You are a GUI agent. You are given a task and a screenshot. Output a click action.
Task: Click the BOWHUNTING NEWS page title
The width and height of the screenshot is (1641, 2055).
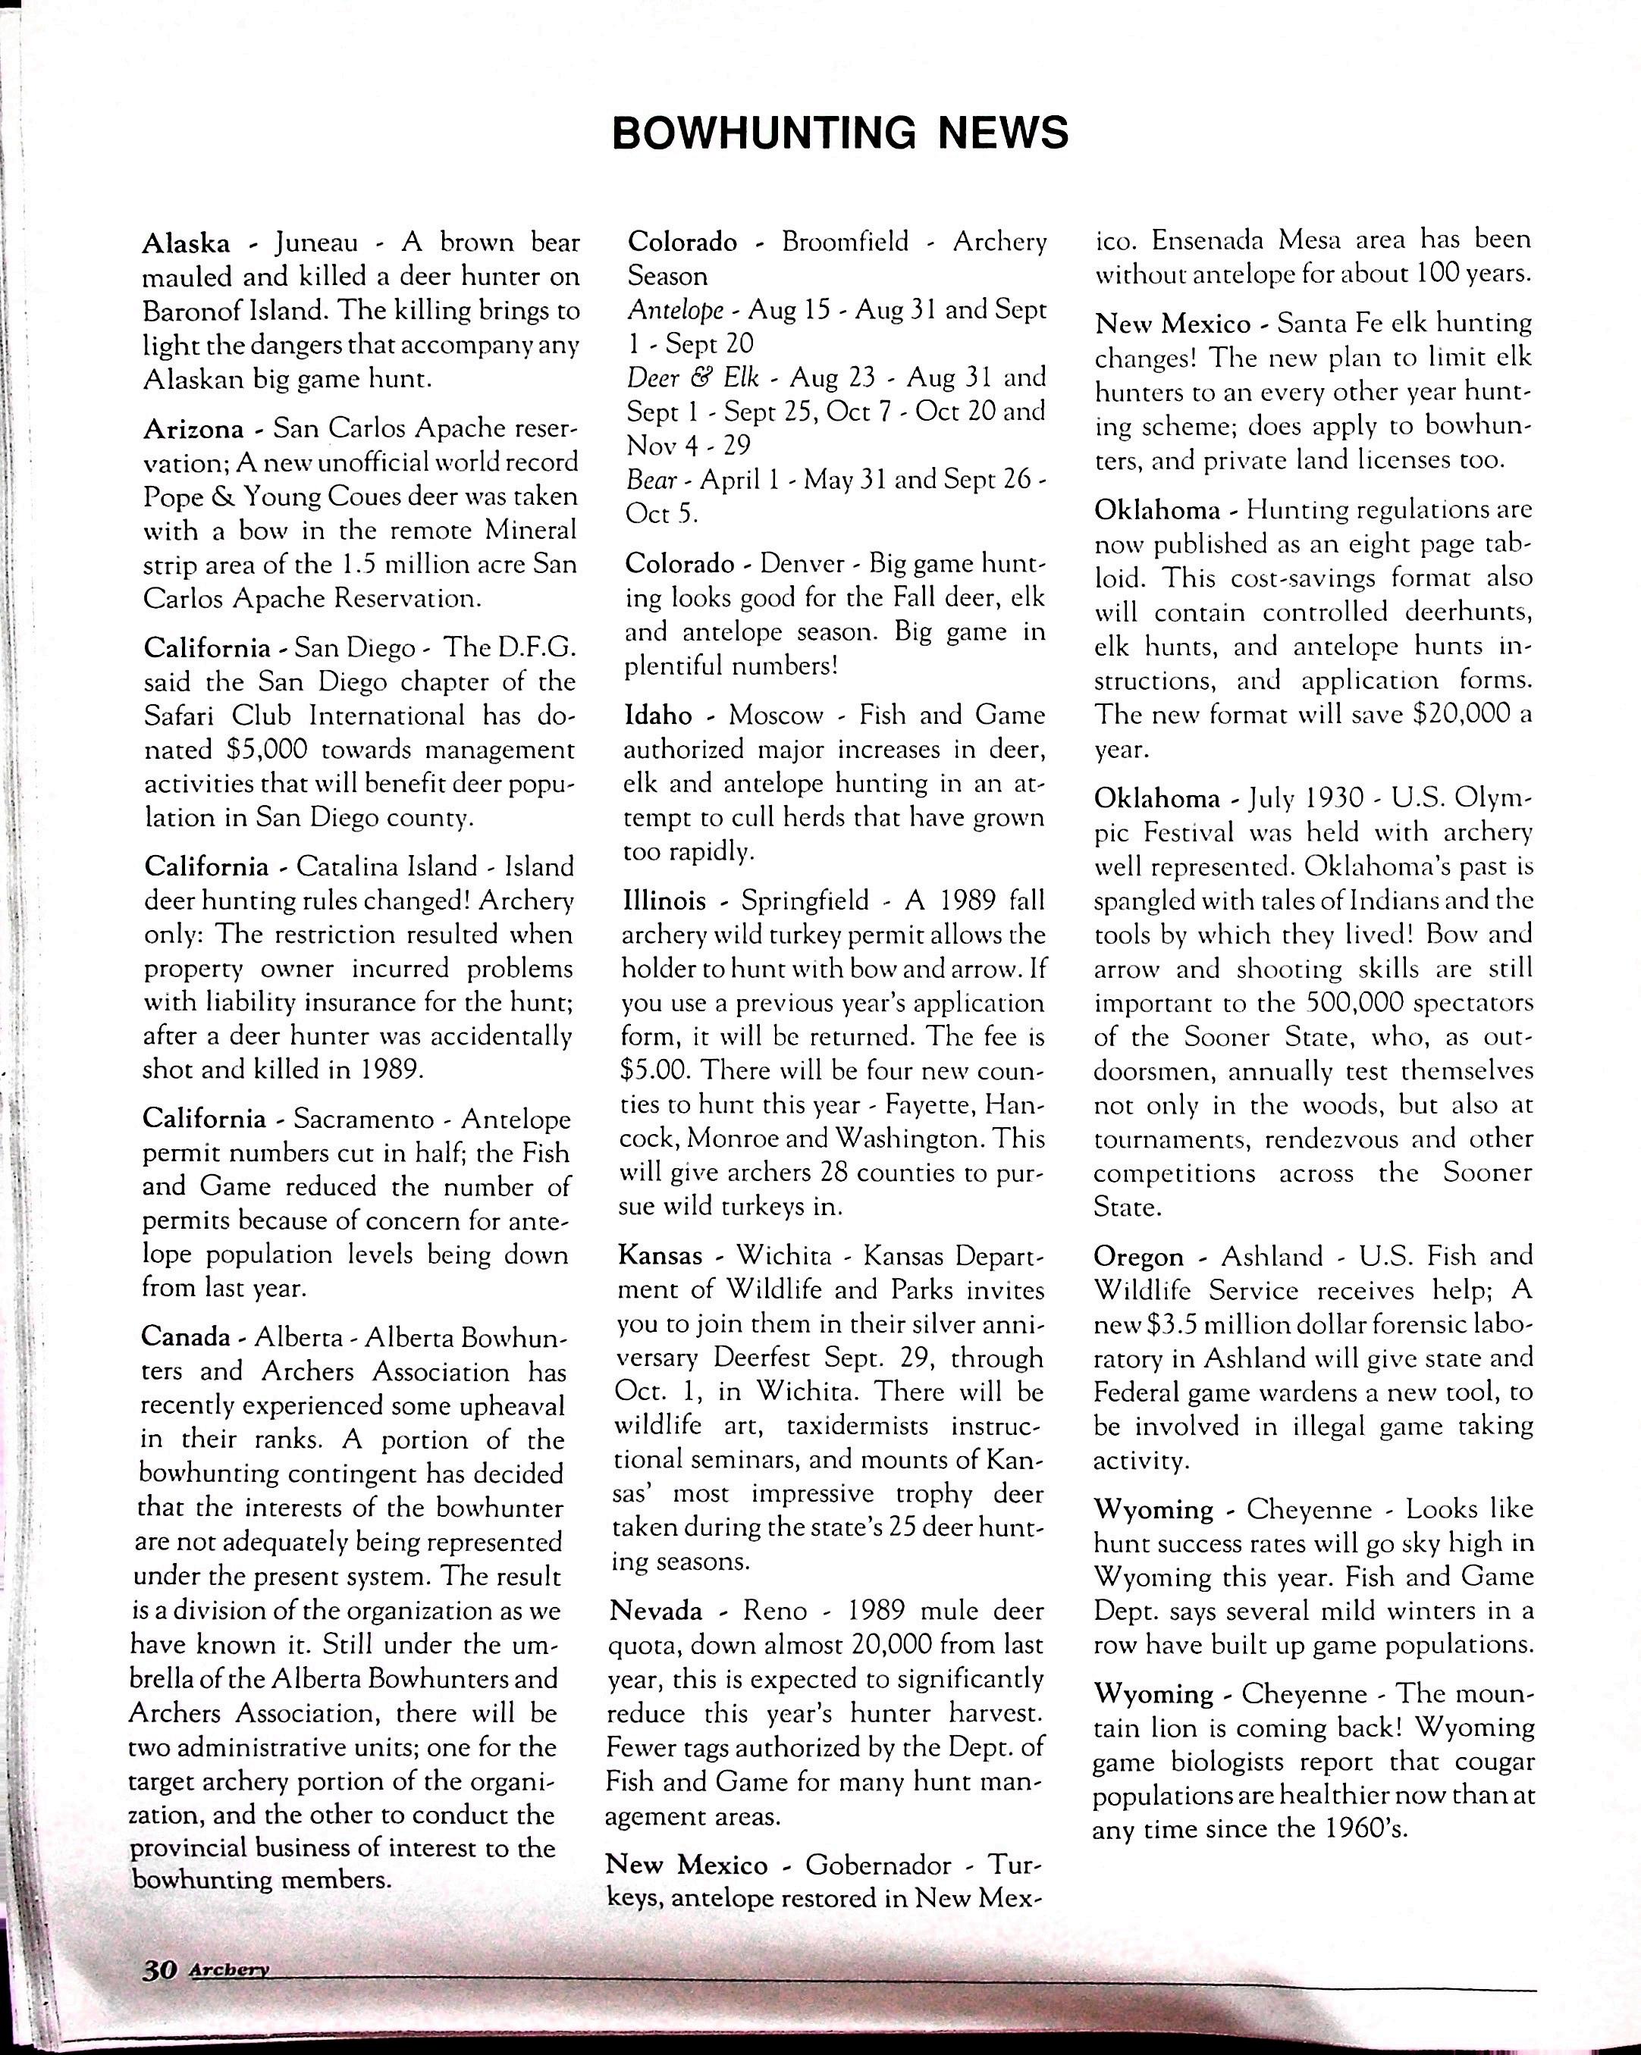tap(839, 133)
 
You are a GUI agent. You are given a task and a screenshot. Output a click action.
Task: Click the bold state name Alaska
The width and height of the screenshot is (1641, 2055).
tap(186, 244)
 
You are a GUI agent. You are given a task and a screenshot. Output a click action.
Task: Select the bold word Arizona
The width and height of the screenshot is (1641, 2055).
tap(193, 429)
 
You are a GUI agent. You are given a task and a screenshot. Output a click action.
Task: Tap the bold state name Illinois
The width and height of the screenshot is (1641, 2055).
tap(664, 901)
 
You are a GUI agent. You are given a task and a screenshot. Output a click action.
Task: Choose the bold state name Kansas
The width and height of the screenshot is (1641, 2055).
tap(660, 1255)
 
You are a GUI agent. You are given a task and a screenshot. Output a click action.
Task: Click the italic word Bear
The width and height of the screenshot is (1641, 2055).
tap(651, 479)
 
